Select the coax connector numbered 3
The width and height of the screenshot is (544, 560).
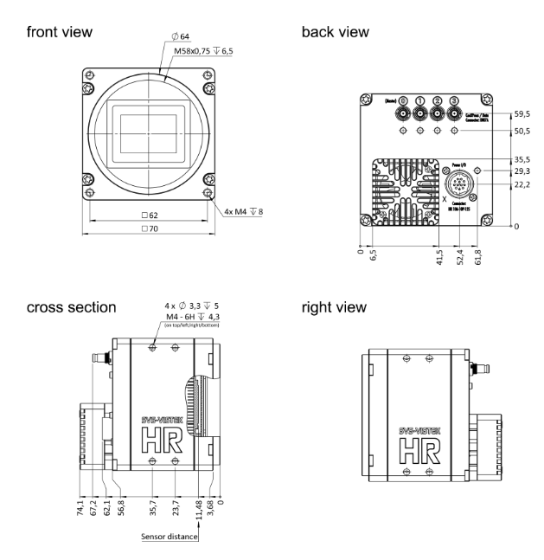(454, 113)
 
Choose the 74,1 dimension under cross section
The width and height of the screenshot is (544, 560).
(80, 506)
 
